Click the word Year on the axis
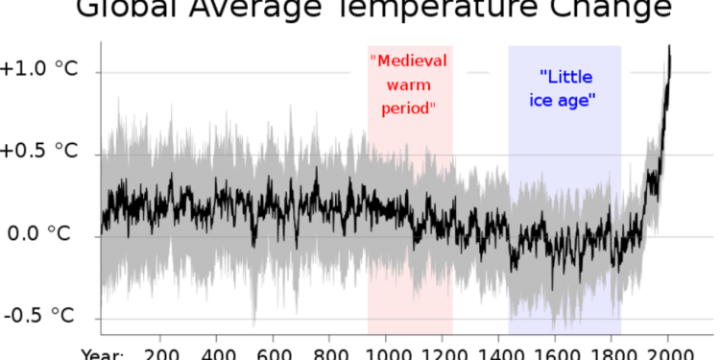(x=103, y=352)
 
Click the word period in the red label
(x=410, y=108)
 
